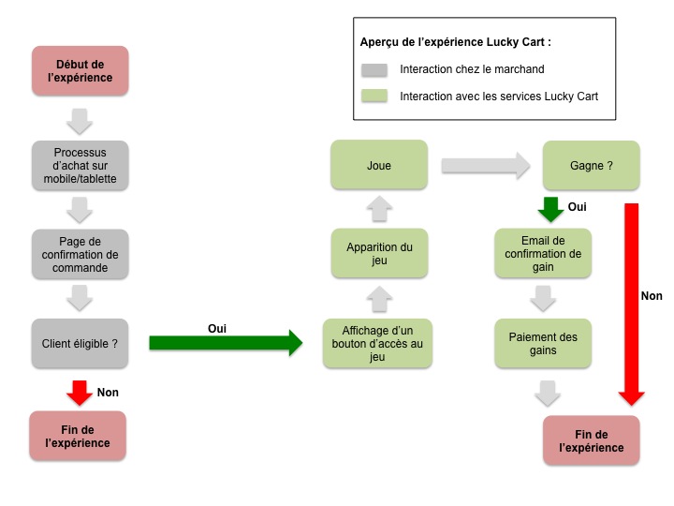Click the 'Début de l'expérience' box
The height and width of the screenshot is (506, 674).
pyautogui.click(x=80, y=70)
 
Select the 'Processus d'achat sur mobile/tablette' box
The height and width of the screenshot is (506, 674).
pyautogui.click(x=80, y=165)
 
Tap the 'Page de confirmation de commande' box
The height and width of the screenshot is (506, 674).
pyautogui.click(x=80, y=254)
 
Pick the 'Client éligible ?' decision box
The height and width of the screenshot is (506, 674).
pyautogui.click(x=80, y=343)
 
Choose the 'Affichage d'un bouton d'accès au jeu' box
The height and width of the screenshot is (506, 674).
pyautogui.click(x=378, y=343)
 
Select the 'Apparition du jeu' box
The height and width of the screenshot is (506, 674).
pyautogui.click(x=378, y=254)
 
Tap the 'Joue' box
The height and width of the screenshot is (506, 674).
pyautogui.click(x=378, y=165)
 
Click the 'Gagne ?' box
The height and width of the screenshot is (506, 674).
pyautogui.click(x=591, y=165)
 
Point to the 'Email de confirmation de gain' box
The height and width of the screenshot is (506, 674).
pyautogui.click(x=543, y=254)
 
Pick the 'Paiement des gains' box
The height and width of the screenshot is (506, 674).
pyautogui.click(x=543, y=343)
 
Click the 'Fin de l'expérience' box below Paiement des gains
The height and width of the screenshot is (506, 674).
pyautogui.click(x=591, y=440)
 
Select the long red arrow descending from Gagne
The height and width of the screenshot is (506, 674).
pyautogui.click(x=633, y=300)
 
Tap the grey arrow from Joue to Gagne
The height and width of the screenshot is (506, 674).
pyautogui.click(x=485, y=166)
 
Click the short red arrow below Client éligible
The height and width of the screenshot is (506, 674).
pyautogui.click(x=80, y=392)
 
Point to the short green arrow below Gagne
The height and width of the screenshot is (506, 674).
pyautogui.click(x=551, y=209)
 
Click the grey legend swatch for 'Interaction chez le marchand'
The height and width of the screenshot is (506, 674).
pyautogui.click(x=374, y=69)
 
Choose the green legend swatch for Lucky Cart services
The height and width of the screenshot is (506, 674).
pyautogui.click(x=374, y=96)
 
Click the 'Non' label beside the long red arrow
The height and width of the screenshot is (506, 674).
pyautogui.click(x=652, y=296)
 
